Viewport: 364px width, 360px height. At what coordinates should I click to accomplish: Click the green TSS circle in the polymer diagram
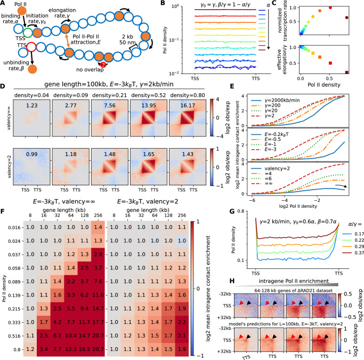click(x=26, y=31)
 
